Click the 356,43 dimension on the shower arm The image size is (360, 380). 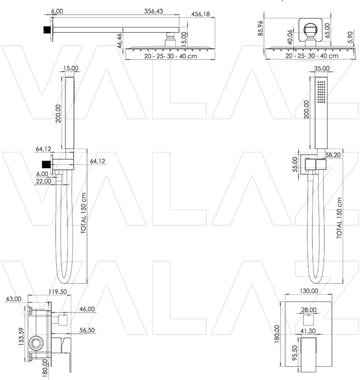point(154,11)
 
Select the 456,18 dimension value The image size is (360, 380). point(201,14)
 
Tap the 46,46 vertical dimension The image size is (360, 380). point(120,41)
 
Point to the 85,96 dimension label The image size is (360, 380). point(260,28)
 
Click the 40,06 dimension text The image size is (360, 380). point(290,38)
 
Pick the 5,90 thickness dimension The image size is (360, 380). point(350,38)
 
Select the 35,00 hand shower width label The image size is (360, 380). point(321,68)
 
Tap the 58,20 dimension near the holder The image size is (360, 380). point(333,155)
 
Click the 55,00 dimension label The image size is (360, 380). point(295,164)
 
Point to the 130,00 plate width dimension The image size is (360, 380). point(309,291)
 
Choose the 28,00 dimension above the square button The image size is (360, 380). point(309,310)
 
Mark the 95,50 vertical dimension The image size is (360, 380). point(295,353)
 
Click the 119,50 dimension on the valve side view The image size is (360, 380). point(58,292)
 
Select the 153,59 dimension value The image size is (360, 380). point(21,337)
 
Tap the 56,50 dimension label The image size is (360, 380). point(87,330)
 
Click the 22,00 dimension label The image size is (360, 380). point(43,181)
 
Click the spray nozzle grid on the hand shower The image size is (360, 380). point(321,92)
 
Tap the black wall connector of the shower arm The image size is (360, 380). point(46,30)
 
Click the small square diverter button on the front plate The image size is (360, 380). point(309,320)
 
